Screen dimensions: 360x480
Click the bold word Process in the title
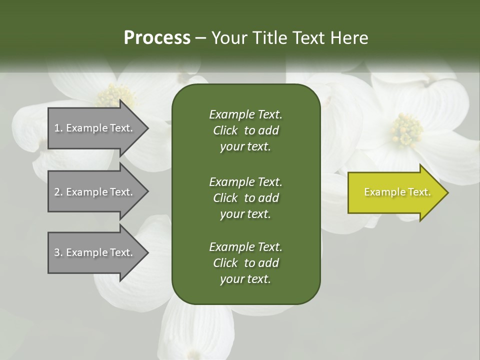157,38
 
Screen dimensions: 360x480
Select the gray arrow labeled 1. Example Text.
95,128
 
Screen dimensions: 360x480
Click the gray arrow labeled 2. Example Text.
95,192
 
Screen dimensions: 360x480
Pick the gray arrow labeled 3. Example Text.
95,252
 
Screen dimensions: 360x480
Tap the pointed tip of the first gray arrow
147,128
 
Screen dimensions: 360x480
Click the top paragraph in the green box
245,130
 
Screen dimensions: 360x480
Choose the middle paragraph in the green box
245,198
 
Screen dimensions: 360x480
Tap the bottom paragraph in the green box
245,263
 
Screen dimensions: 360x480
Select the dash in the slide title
201,38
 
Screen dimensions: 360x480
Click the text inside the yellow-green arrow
397,192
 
